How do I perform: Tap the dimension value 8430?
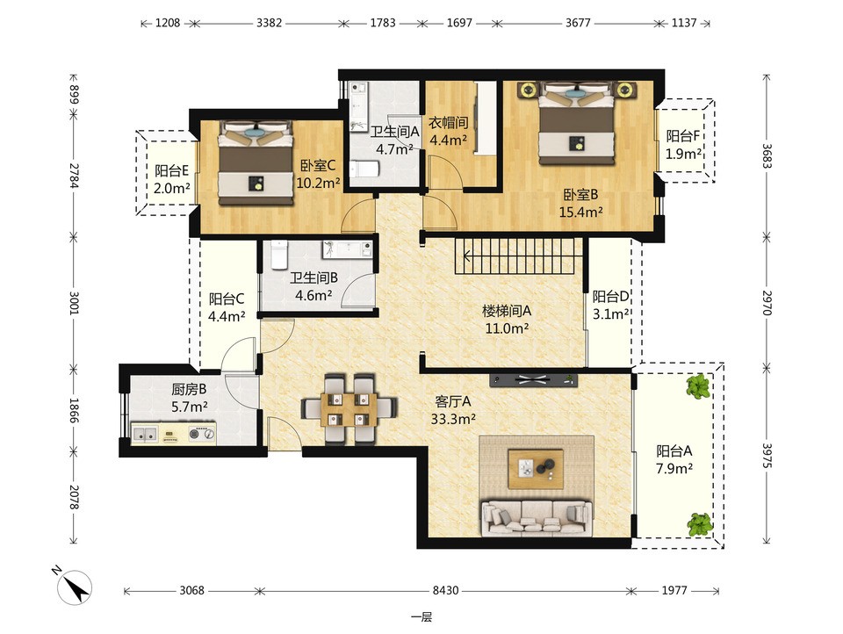[446, 590]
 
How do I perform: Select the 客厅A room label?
[453, 401]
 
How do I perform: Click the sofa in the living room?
[536, 518]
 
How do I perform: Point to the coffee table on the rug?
[536, 469]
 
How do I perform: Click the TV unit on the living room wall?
[533, 379]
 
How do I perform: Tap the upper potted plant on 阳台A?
[698, 386]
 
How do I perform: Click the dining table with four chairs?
[349, 409]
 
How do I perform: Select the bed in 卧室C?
[256, 163]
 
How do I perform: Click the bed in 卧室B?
[577, 123]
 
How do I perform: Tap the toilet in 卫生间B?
[279, 255]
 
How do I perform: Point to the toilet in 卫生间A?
[364, 169]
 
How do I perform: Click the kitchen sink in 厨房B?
[145, 434]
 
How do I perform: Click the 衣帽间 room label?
[448, 123]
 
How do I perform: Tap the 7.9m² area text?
[674, 468]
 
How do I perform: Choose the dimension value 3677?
[578, 23]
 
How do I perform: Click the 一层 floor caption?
[421, 617]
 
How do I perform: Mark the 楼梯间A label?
[507, 311]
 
